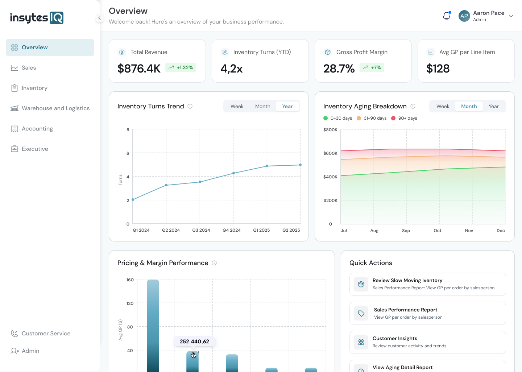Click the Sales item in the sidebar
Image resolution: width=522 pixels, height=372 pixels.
pos(29,68)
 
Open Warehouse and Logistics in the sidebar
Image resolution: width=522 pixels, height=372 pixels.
pos(55,108)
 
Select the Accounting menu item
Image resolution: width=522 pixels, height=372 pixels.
pos(37,129)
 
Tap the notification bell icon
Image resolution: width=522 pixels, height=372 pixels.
pos(447,16)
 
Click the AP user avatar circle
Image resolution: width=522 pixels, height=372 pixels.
pos(464,16)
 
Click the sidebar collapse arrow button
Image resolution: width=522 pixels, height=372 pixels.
pos(99,18)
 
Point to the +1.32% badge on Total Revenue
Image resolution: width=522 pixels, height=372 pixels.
pos(181,68)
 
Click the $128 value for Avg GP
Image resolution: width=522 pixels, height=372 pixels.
pos(438,69)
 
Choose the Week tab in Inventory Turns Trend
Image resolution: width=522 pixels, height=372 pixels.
pos(237,106)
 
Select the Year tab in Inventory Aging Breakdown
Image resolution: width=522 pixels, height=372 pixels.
pos(493,106)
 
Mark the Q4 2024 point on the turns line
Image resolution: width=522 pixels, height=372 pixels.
pos(233,173)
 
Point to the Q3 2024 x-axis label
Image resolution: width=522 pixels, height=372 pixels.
pos(201,230)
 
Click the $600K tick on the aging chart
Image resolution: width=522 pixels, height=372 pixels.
pos(330,153)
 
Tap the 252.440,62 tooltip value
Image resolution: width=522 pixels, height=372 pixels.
pos(194,342)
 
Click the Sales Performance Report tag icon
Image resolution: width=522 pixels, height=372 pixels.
pos(361,313)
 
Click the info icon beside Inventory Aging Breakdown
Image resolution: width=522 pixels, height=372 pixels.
pos(413,106)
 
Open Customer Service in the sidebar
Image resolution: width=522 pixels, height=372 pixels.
pos(46,334)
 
